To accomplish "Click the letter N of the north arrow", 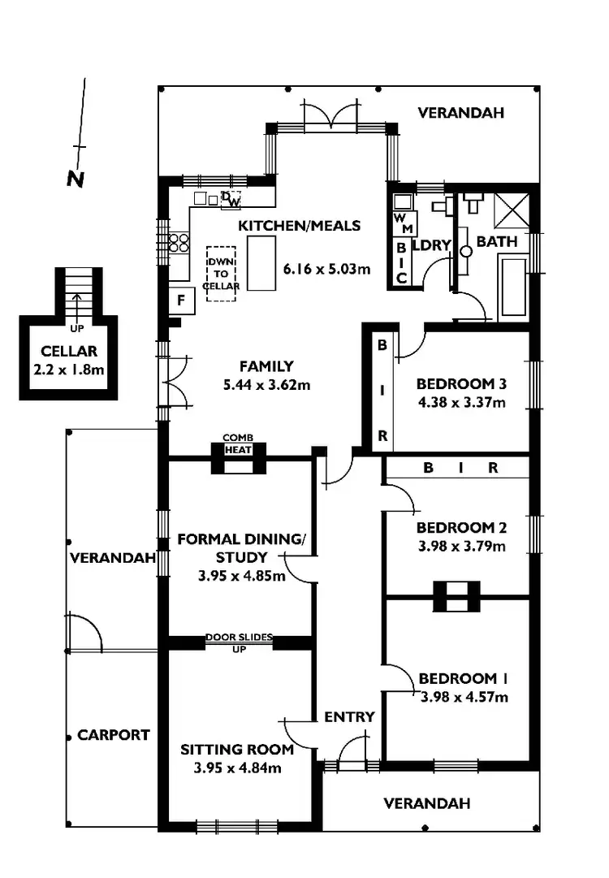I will tap(76, 179).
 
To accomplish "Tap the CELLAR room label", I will tap(69, 352).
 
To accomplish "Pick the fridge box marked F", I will tap(179, 299).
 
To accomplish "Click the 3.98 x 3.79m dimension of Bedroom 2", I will tap(461, 547).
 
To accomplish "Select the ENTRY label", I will tap(349, 716).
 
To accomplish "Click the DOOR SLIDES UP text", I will tap(239, 642).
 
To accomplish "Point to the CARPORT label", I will tap(114, 735).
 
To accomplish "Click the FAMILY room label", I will tap(266, 366).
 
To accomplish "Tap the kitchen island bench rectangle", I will tap(261, 263).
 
